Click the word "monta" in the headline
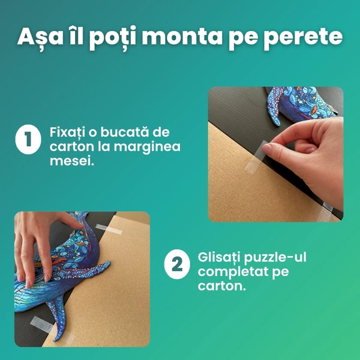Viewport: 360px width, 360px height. pyautogui.click(x=182, y=37)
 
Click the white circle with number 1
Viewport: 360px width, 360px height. pyautogui.click(x=28, y=139)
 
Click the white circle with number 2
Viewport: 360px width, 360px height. pyautogui.click(x=177, y=264)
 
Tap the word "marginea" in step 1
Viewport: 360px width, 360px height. pyautogui.click(x=147, y=148)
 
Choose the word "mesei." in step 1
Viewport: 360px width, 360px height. pyautogui.click(x=72, y=161)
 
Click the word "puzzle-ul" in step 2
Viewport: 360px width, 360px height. pyautogui.click(x=275, y=258)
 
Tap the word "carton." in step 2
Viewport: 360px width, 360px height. pyautogui.click(x=221, y=286)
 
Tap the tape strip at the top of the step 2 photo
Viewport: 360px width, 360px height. pyautogui.click(x=109, y=229)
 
